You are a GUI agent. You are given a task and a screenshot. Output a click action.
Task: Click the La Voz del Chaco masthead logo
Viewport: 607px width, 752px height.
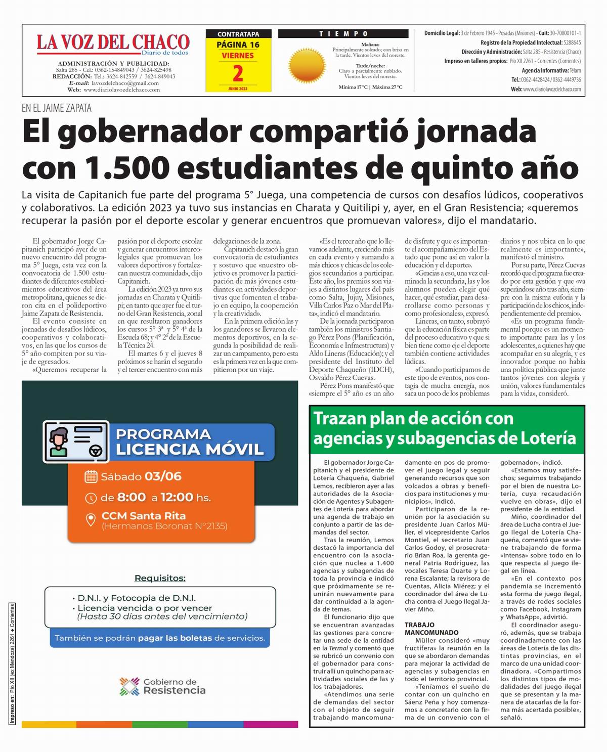(113, 43)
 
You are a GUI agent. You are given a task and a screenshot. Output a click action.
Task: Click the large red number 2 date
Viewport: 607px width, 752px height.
(238, 74)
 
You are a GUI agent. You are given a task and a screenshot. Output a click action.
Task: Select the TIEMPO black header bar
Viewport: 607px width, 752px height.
(343, 34)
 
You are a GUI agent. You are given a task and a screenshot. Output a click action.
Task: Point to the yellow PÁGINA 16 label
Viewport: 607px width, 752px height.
(238, 45)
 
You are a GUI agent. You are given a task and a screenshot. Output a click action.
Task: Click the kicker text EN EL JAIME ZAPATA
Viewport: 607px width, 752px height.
(56, 108)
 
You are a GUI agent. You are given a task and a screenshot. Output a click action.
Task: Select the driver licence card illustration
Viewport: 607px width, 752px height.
(76, 441)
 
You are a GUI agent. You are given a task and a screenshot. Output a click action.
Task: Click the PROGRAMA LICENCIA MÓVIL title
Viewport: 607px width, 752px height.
(190, 441)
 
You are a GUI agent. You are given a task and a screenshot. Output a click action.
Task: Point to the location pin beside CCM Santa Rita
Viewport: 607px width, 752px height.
(91, 520)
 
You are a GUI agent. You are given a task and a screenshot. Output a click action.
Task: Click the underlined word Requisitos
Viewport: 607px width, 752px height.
(160, 578)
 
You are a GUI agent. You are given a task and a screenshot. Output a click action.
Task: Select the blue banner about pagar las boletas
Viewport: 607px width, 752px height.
(160, 638)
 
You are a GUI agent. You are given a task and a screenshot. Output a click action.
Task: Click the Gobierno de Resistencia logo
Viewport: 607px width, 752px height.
(162, 686)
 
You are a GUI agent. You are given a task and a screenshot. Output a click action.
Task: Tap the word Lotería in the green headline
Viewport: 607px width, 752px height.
(544, 438)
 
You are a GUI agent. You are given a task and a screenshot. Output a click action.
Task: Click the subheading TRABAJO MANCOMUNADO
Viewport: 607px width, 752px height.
(431, 629)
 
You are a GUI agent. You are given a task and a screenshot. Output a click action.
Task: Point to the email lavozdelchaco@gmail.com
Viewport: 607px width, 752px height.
(125, 83)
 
